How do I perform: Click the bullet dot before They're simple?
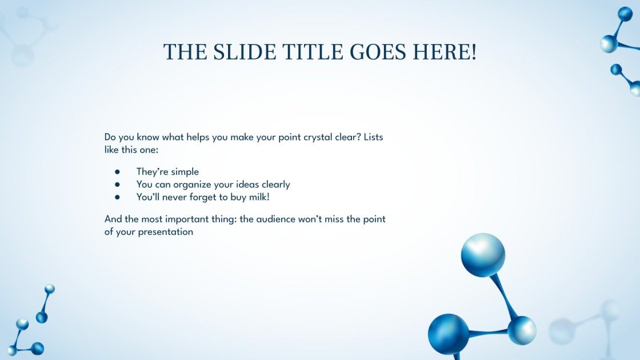tap(117, 172)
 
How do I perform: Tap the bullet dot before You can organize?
tap(117, 185)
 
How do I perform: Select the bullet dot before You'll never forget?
tap(117, 197)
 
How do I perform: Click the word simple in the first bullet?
tap(185, 172)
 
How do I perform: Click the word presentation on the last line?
tap(165, 233)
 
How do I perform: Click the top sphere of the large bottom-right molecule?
tap(483, 255)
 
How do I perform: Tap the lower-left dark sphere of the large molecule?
tap(448, 334)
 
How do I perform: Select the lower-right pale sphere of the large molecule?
tap(522, 330)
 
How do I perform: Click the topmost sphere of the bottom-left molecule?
tap(50, 289)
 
